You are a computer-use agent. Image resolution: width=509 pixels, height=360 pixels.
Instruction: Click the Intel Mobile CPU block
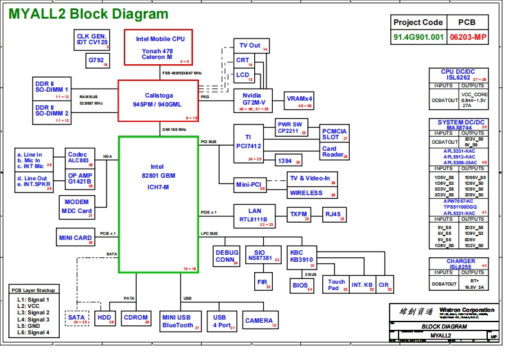click(x=160, y=47)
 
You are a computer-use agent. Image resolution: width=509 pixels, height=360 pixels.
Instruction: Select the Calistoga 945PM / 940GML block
click(x=159, y=101)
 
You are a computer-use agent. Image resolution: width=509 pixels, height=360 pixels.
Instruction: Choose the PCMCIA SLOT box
click(x=334, y=134)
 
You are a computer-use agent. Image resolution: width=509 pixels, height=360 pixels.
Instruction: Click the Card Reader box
click(x=334, y=152)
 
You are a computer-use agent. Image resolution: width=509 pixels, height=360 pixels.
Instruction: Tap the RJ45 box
click(x=334, y=214)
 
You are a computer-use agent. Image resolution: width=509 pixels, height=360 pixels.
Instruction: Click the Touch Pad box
click(x=336, y=285)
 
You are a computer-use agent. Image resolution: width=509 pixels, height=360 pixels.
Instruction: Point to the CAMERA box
click(x=259, y=320)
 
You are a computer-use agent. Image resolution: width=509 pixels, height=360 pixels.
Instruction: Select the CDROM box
click(x=136, y=318)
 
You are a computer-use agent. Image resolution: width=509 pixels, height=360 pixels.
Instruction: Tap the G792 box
click(x=98, y=61)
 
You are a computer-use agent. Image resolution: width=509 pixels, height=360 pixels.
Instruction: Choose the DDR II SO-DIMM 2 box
click(x=52, y=113)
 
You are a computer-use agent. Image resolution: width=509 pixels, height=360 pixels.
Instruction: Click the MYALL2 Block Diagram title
click(x=89, y=14)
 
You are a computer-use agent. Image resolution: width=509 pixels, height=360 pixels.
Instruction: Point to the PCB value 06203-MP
click(x=469, y=37)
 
